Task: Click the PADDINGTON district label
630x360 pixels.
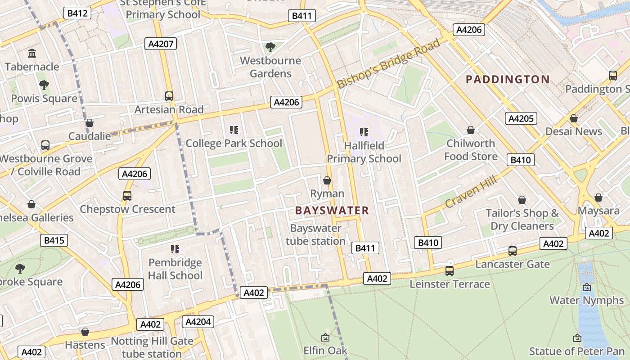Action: [x=508, y=80]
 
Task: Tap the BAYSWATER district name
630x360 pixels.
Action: [x=332, y=210]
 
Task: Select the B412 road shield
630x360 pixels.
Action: [x=77, y=13]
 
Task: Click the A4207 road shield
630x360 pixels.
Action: [x=161, y=44]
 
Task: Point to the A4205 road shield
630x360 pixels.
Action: [x=521, y=118]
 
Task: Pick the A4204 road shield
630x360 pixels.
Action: [x=198, y=322]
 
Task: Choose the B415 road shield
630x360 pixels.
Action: [x=54, y=240]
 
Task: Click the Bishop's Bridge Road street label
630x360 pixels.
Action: [x=389, y=63]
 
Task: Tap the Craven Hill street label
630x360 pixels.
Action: [x=471, y=191]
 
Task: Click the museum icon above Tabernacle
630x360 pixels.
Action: [x=32, y=54]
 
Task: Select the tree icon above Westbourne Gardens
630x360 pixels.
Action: [x=270, y=47]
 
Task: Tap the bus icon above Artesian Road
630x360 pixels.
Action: [x=169, y=96]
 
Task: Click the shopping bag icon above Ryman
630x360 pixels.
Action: [x=327, y=180]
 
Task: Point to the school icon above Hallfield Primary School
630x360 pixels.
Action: [x=364, y=132]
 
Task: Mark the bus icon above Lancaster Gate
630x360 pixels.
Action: [x=512, y=251]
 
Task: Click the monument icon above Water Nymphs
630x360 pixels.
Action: [x=587, y=287]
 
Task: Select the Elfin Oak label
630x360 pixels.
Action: [x=325, y=350]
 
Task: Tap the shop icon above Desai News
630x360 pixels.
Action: [x=574, y=118]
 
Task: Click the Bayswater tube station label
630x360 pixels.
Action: [x=315, y=234]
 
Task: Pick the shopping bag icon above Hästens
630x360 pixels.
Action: [x=85, y=332]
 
